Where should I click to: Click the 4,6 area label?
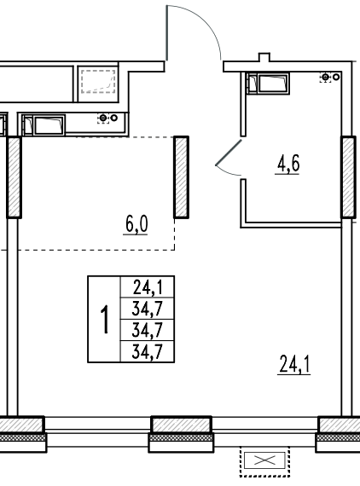[x=288, y=164]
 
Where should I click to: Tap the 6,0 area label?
[x=136, y=224]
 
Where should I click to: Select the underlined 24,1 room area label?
[x=294, y=364]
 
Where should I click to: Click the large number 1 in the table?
[x=105, y=319]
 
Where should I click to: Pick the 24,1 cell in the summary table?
[x=148, y=287]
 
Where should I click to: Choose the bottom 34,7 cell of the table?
[x=148, y=352]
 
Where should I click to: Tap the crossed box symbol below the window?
[x=264, y=460]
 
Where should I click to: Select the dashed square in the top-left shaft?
[x=98, y=81]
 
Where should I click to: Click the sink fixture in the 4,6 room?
[x=268, y=83]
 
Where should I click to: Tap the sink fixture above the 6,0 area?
[x=44, y=124]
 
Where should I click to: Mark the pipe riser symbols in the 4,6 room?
[x=330, y=77]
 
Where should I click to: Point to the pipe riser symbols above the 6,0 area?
[x=107, y=119]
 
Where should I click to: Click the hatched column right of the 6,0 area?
[x=181, y=177]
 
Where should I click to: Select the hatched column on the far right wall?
[x=348, y=177]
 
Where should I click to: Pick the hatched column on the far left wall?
[x=14, y=177]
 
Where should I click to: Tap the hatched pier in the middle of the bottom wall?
[x=182, y=425]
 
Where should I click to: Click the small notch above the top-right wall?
[x=264, y=57]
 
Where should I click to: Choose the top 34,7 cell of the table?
[x=148, y=309]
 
